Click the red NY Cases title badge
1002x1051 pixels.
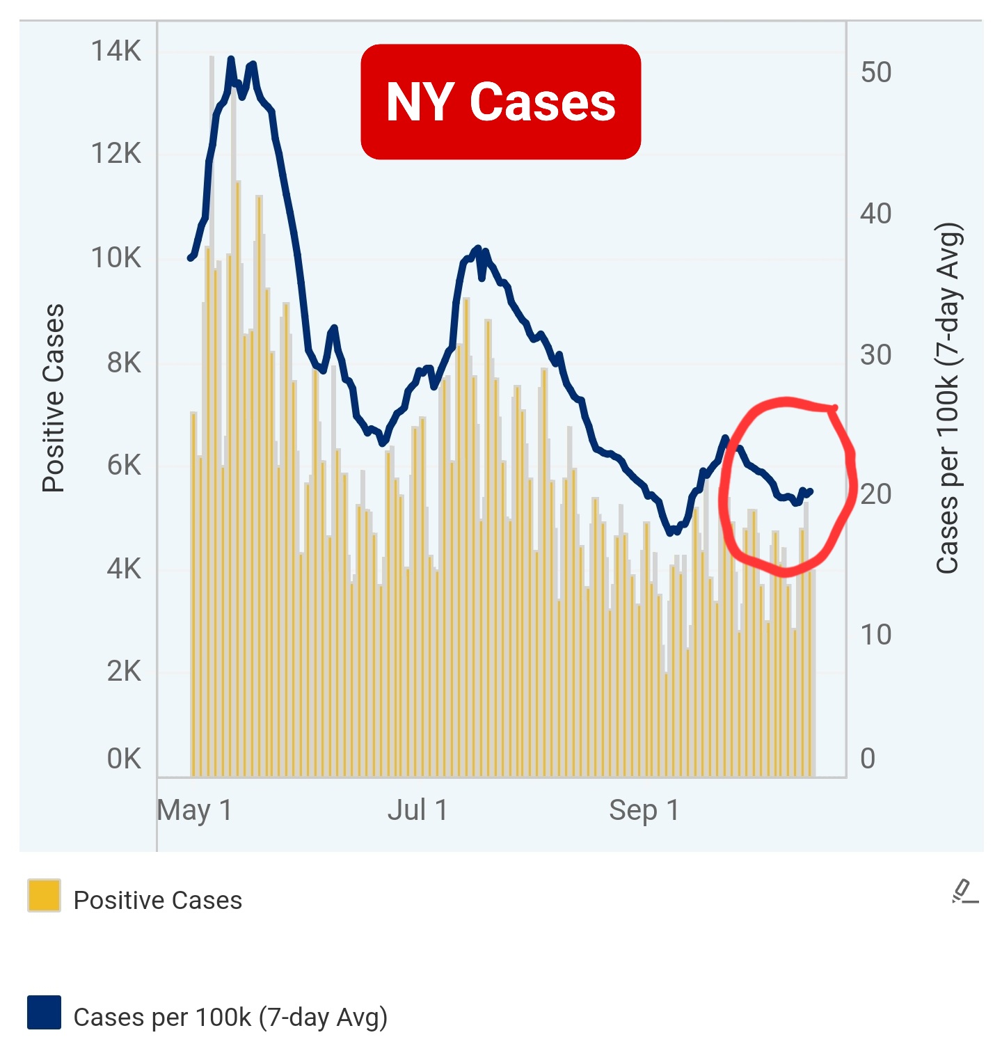coord(500,102)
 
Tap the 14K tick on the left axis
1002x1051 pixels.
coord(116,52)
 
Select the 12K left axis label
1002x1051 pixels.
coord(116,153)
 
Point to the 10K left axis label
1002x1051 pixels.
coord(116,258)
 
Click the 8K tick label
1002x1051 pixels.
coord(123,362)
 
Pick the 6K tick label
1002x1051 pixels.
coord(123,465)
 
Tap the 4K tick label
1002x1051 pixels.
coord(123,569)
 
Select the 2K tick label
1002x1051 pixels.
coord(123,672)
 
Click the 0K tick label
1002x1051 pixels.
coord(123,759)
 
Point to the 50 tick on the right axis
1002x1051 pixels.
coord(875,72)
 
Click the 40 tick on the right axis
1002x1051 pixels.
coord(875,214)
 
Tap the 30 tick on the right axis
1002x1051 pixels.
coord(875,355)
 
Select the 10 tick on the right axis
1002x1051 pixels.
coord(875,635)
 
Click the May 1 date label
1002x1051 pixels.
coord(194,810)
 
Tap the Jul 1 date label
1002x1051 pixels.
coord(417,810)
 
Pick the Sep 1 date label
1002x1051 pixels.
coord(644,810)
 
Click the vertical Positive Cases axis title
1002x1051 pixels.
coord(54,398)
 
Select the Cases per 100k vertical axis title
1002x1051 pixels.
coord(948,398)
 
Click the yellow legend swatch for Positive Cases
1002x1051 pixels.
coord(44,895)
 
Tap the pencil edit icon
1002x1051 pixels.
coord(964,892)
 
